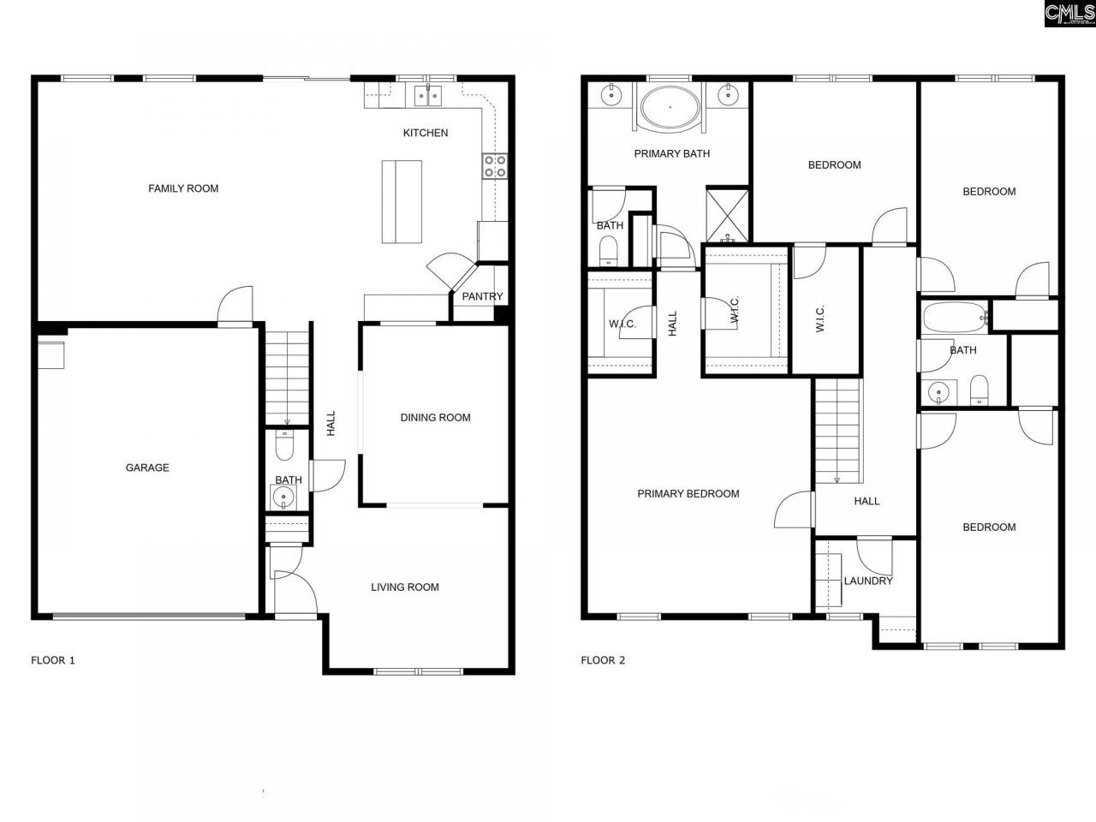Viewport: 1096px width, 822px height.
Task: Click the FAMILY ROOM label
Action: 183,188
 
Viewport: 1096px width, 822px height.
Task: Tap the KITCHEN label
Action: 426,133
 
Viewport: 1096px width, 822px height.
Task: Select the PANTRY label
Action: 482,297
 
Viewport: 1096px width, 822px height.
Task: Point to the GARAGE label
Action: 147,468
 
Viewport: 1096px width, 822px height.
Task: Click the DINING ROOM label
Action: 435,418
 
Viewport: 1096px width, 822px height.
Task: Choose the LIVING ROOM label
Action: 404,587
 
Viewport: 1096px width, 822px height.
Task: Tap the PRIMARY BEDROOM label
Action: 688,494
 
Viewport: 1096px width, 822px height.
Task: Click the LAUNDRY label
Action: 867,581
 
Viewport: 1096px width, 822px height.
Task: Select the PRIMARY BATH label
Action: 671,154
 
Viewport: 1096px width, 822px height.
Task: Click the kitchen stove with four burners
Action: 495,165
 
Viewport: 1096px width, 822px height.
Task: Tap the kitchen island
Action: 402,201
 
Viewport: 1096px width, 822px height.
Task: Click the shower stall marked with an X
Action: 727,214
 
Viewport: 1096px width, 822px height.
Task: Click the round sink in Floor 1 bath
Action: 283,496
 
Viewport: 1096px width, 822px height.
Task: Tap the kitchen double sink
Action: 428,95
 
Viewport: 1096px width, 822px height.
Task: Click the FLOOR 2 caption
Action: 603,660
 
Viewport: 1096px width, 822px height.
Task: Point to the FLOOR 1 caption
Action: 53,660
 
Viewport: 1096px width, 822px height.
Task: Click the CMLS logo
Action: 1069,13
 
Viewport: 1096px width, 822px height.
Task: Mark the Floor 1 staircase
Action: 287,377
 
